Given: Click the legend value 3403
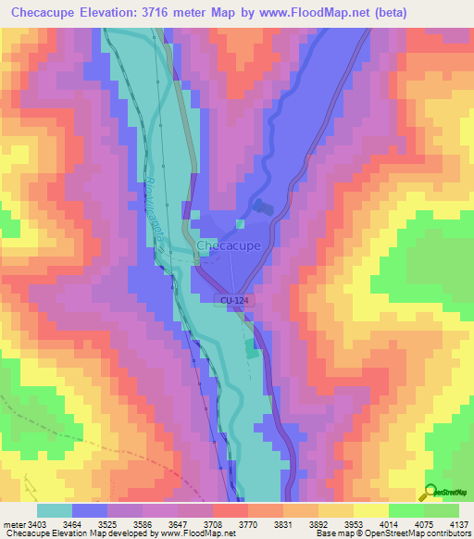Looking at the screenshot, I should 34,523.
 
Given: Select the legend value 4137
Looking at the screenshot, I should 460,523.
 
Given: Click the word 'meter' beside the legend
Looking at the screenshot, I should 11,523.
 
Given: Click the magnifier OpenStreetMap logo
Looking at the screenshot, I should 429,492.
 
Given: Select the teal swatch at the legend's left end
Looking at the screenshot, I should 54,509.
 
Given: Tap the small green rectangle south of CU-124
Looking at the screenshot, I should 253,349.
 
